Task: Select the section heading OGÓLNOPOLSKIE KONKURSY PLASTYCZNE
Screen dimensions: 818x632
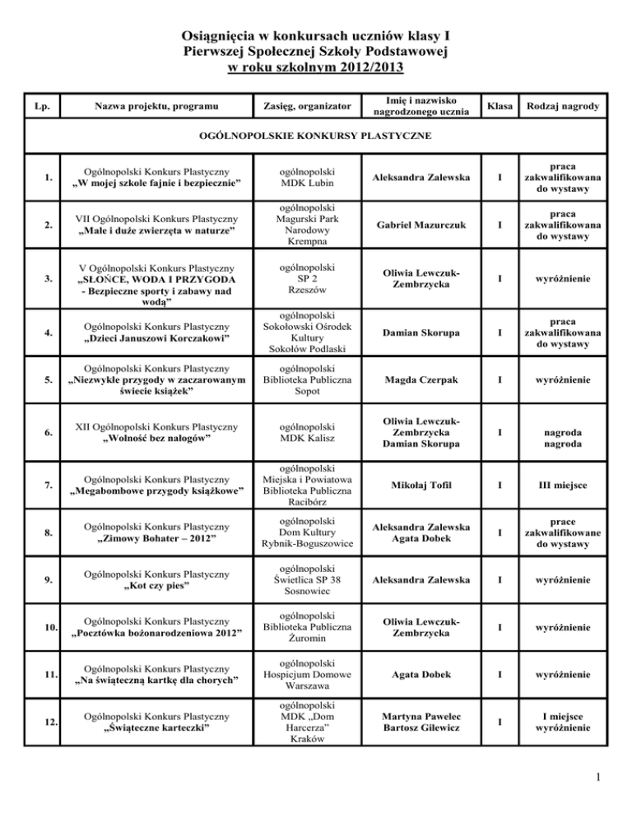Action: (x=316, y=137)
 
